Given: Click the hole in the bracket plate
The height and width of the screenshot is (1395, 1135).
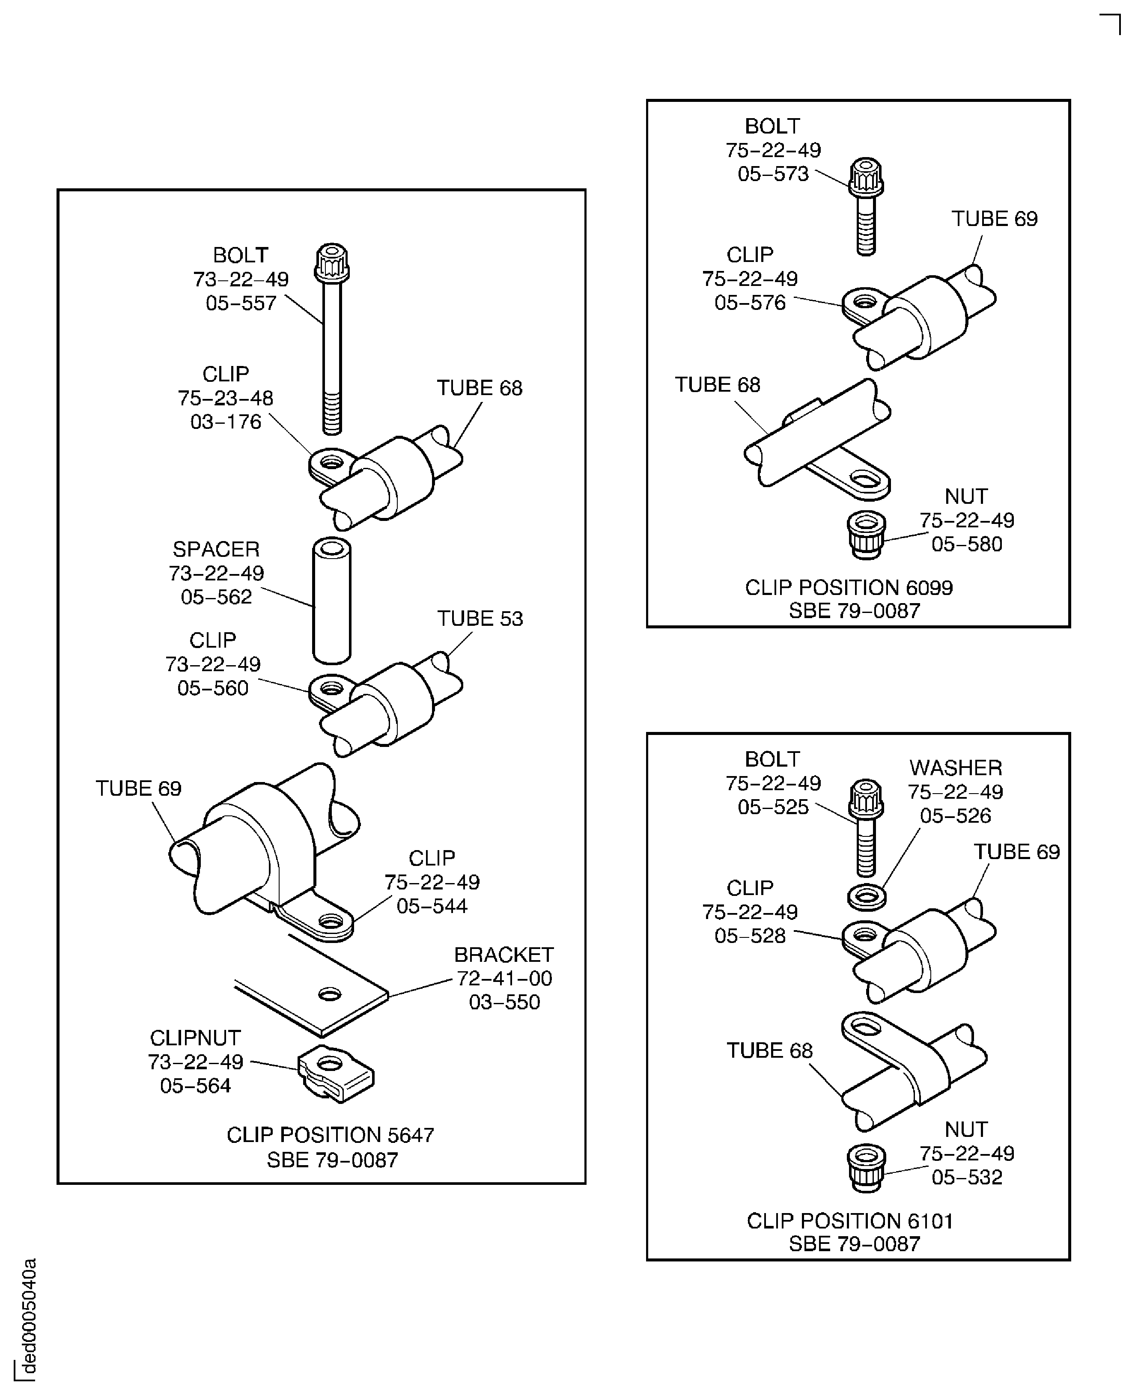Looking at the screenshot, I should (x=330, y=994).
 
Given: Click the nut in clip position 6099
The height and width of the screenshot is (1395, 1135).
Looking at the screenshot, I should (x=866, y=535).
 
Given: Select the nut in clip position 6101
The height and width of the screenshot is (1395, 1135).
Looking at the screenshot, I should (x=866, y=1168).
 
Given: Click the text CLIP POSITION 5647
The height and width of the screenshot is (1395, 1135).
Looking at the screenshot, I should (x=330, y=1135).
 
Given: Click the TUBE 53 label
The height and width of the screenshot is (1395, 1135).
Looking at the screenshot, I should (x=480, y=619).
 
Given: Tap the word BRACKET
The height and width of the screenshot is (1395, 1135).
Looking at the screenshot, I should (x=503, y=955).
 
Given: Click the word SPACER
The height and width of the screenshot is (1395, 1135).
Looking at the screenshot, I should (x=216, y=549).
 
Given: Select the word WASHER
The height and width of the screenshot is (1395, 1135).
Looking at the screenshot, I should (x=955, y=767).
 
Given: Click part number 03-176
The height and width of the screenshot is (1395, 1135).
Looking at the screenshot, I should (x=226, y=422).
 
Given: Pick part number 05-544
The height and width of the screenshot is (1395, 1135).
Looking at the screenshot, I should (x=432, y=906).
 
